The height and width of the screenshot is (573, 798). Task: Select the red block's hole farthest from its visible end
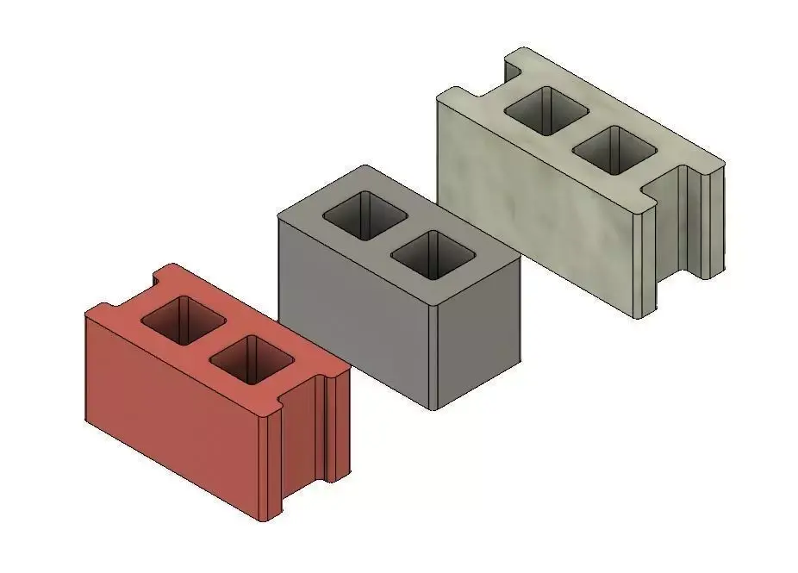coord(184,319)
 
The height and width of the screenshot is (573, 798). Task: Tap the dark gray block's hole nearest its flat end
coord(433,253)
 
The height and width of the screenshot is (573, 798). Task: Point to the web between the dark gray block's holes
coord(398,234)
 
